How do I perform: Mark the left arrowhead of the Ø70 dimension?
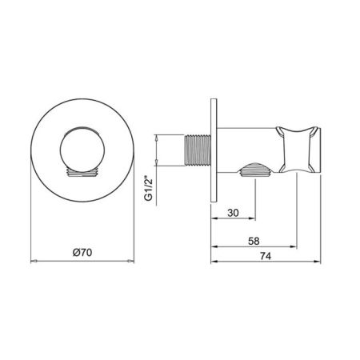(x=33, y=261)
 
